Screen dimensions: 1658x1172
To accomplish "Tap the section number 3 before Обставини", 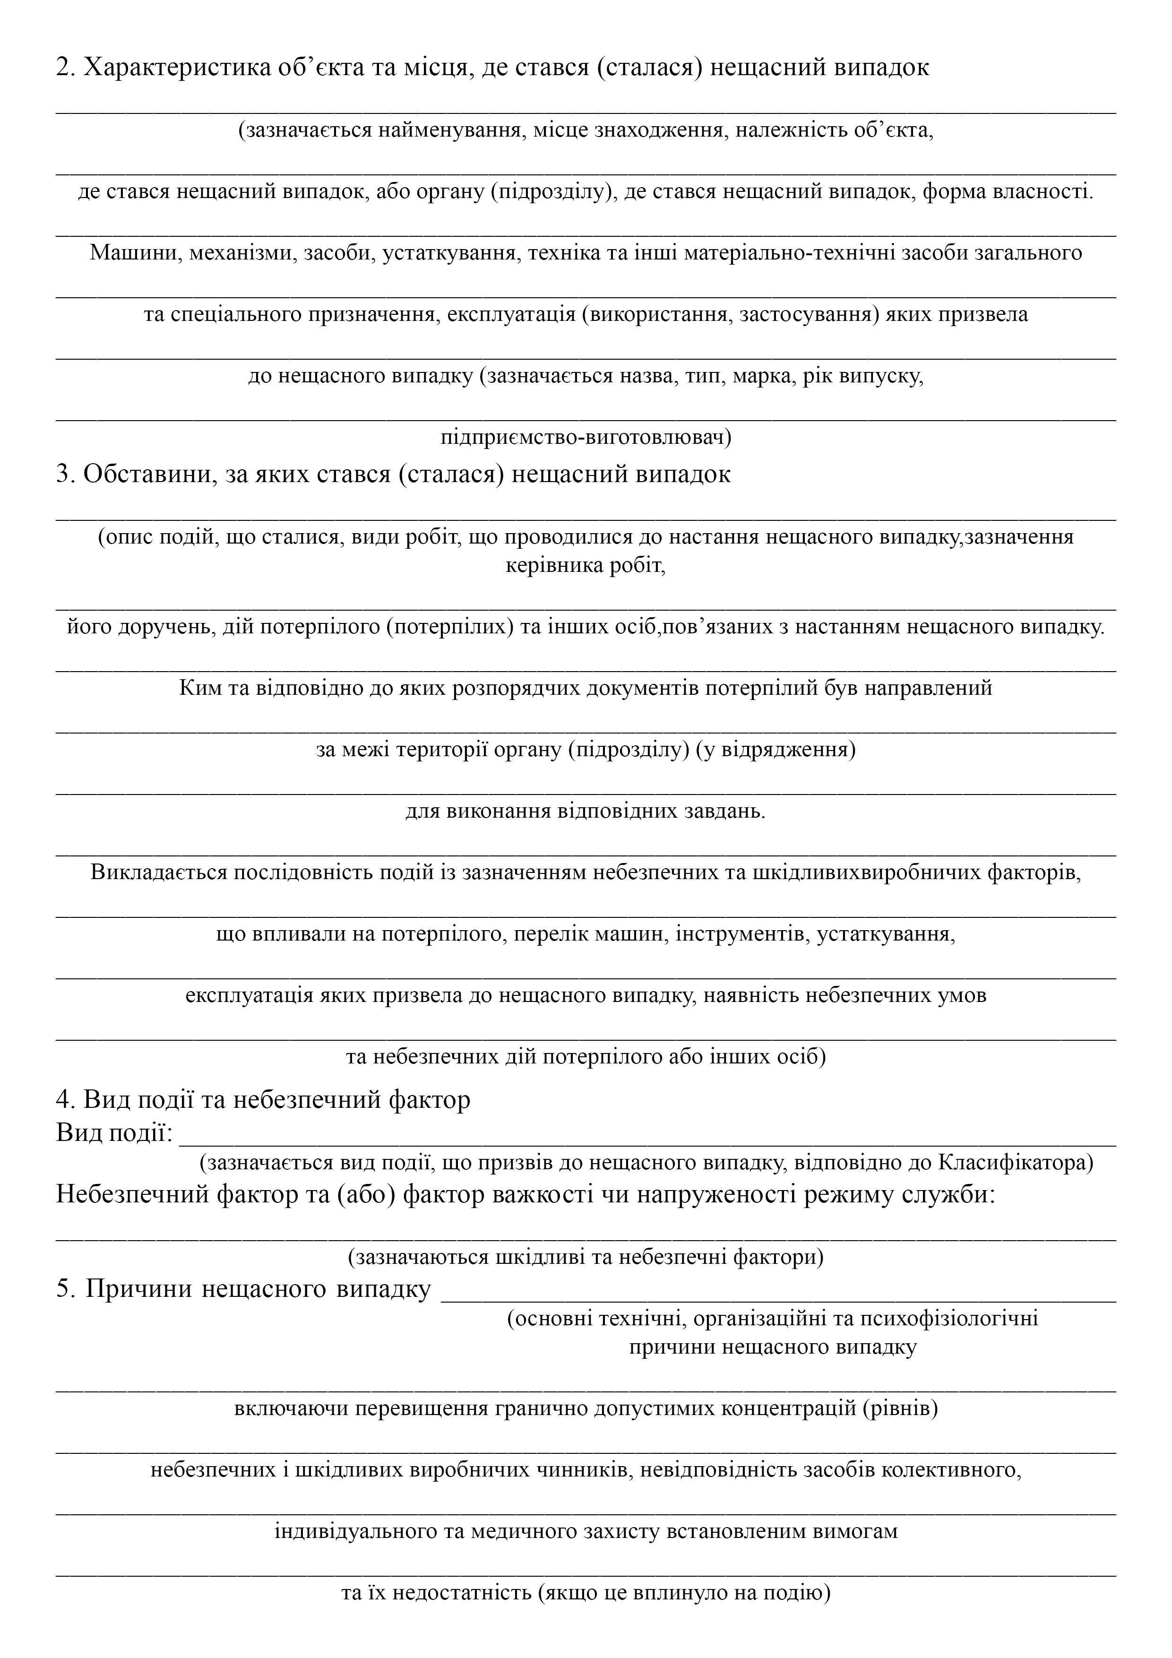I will tap(62, 475).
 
